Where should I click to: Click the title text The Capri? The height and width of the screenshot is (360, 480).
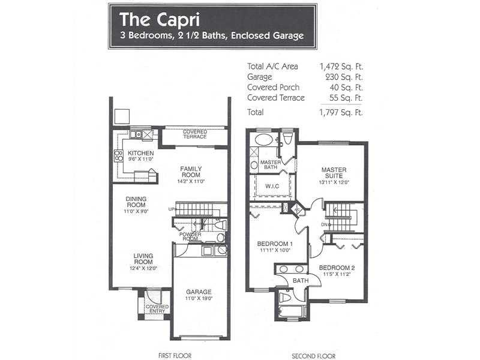(160, 19)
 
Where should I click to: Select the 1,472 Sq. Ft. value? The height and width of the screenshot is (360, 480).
(341, 67)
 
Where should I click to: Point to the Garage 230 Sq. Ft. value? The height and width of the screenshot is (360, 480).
(344, 77)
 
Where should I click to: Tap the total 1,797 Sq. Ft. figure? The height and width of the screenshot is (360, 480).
(341, 112)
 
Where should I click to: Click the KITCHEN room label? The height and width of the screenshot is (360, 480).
(141, 153)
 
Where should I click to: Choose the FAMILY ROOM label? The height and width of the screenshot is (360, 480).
(191, 172)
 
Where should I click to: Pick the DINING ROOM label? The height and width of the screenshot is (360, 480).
(136, 202)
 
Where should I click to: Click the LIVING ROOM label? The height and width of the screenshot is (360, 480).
(143, 259)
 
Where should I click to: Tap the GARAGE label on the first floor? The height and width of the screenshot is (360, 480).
(199, 292)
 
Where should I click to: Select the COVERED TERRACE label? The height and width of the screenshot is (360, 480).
(195, 134)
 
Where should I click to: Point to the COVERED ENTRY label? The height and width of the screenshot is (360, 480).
(157, 308)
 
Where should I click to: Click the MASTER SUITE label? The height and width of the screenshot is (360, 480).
(334, 173)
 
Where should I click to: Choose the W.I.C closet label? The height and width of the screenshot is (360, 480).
(272, 186)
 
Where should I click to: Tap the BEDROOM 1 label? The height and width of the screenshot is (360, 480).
(275, 244)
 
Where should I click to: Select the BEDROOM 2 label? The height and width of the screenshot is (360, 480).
(337, 268)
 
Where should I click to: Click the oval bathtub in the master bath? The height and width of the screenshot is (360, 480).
(263, 140)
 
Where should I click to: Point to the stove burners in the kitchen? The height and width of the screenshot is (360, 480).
(118, 156)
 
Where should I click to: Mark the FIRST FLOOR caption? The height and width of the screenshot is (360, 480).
(175, 356)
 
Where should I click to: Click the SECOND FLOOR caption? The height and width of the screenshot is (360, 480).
(313, 356)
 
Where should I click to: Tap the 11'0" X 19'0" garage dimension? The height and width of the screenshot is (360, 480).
(199, 298)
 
